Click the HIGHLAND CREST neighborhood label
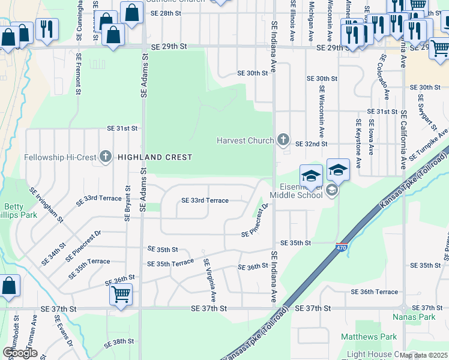(x=155, y=157)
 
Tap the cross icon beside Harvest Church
(x=283, y=140)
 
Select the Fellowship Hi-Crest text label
(x=60, y=158)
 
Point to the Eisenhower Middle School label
(x=296, y=190)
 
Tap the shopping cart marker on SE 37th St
(x=121, y=295)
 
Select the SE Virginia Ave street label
(x=211, y=280)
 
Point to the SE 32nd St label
(x=312, y=144)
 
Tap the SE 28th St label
(x=166, y=13)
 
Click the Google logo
(x=20, y=353)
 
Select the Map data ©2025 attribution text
(x=424, y=355)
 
